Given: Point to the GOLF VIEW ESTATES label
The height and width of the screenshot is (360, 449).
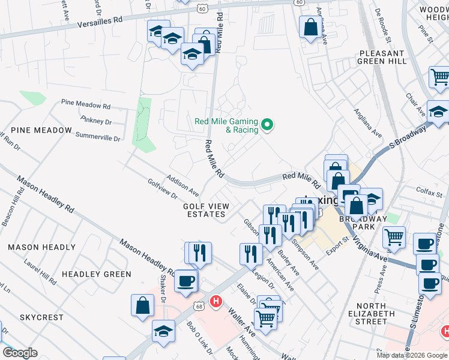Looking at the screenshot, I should [x=206, y=210].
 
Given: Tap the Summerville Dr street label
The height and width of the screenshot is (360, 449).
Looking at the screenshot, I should [x=98, y=137].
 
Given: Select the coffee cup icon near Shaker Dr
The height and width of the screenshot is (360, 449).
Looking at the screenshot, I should [x=185, y=280].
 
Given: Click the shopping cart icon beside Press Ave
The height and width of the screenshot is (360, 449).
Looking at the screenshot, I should [x=394, y=237].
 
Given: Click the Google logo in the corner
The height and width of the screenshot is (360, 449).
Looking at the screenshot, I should [x=20, y=353].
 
